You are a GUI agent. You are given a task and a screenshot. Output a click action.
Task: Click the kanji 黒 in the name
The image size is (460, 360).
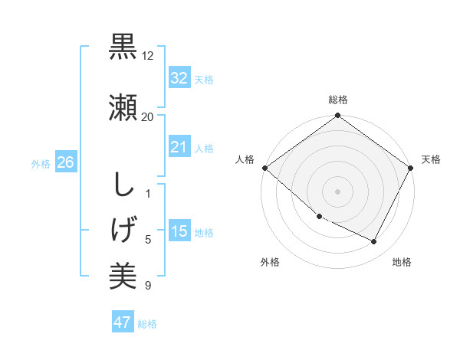123,47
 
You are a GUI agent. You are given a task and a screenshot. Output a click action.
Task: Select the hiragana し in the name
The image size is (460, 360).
123,185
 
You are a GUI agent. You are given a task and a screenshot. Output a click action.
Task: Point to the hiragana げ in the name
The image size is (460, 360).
123,230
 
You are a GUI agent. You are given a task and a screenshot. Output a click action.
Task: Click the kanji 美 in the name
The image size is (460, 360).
123,275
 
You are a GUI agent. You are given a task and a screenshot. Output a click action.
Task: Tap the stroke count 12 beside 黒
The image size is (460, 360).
148,57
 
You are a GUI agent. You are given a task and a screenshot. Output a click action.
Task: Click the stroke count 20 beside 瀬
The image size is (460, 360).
148,117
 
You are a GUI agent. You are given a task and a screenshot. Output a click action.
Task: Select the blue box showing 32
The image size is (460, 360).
179,77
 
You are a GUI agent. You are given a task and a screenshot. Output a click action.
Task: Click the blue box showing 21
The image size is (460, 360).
179,147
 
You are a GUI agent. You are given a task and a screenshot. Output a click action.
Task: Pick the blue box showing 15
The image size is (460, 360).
179,231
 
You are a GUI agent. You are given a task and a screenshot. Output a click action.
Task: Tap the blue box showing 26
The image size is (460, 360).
65,162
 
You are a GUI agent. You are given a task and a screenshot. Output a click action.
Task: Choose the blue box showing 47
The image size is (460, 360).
123,322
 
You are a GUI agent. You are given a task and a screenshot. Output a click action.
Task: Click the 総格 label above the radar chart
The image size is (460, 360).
338,100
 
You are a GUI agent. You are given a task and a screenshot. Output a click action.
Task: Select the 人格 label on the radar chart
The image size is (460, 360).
245,159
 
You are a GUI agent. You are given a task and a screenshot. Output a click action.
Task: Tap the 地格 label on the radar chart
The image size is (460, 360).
402,262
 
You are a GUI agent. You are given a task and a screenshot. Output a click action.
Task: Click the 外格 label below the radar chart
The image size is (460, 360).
270,262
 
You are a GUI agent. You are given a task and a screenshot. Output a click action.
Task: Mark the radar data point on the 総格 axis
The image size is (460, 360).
338,116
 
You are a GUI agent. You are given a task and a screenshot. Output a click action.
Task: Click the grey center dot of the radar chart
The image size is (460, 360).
338,191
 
